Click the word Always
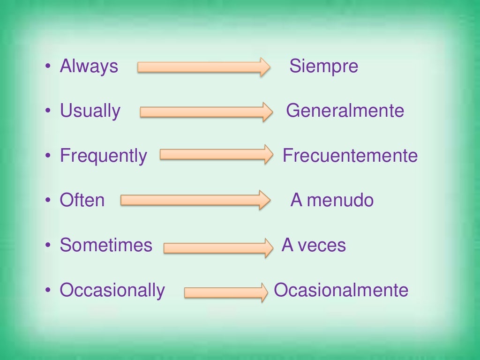pos(89,66)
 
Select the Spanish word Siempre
pos(323,66)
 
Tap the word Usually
pos(90,111)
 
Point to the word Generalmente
pos(345,111)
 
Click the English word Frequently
pos(103,156)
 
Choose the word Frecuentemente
pos(350,156)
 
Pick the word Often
pos(82,200)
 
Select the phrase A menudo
pos(332,200)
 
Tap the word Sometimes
pos(106,245)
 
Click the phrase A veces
pos(314,245)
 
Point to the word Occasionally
pos(112,290)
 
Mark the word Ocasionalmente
pos(341,290)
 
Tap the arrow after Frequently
pos(216,155)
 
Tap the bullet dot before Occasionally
pos(47,290)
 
